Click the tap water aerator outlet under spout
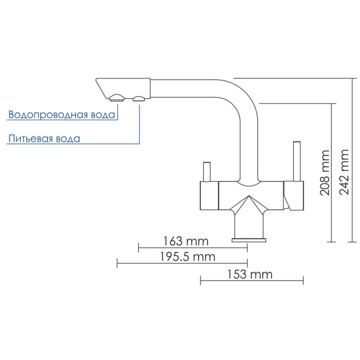(117, 97)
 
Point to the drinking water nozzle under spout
(139, 98)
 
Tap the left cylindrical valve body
(209, 196)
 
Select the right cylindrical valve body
(294, 196)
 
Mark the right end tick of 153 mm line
(304, 280)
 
